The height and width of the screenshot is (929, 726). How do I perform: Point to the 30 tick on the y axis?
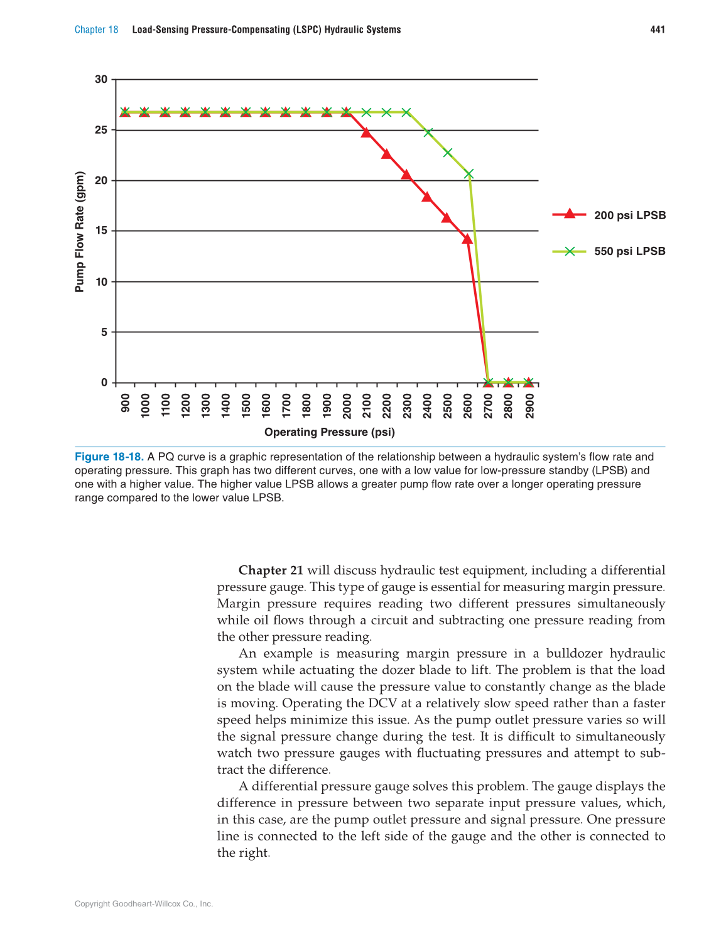tap(101, 79)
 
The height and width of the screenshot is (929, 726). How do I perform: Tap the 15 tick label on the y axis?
tap(101, 231)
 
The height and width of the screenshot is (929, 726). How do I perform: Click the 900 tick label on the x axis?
tap(126, 403)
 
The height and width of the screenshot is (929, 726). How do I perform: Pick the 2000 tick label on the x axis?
tap(347, 406)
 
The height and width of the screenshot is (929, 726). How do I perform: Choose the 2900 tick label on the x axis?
tap(529, 406)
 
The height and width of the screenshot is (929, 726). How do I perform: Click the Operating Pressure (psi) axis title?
tap(329, 432)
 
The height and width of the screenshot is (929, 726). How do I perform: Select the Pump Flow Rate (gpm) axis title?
tap(80, 231)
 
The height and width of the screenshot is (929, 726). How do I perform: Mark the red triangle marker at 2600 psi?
tap(467, 239)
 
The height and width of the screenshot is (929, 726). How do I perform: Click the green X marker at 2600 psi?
tap(469, 173)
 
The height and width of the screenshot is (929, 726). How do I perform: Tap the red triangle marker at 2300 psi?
tap(406, 175)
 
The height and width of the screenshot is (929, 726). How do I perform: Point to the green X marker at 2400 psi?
tap(428, 133)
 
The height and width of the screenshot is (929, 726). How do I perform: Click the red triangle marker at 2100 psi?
tap(366, 133)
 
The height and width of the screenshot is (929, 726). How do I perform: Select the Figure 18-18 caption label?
tap(109, 457)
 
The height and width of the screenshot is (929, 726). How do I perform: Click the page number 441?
tap(657, 30)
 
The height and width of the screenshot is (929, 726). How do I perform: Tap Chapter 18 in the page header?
tap(96, 30)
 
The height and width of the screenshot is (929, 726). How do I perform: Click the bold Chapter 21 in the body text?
tap(271, 570)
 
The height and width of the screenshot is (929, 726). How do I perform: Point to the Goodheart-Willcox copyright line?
tap(144, 904)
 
